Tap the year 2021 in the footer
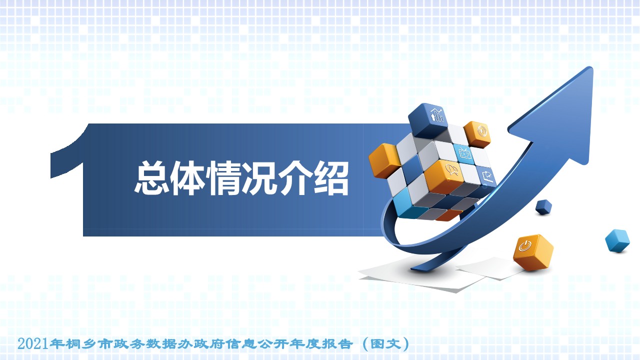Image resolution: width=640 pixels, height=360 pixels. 32,343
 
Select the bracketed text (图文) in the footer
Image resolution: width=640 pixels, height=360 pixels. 386,344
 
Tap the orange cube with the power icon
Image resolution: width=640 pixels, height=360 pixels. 533,252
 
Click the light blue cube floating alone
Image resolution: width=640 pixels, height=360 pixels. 617,240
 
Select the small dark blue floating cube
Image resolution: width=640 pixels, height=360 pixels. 543,207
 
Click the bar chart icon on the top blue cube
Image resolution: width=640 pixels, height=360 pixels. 437,115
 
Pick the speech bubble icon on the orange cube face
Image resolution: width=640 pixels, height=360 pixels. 452,169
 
